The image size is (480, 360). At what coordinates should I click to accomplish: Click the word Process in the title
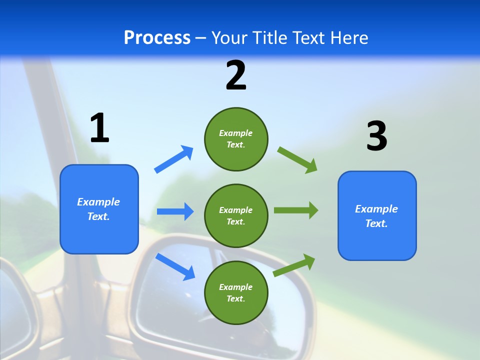157,38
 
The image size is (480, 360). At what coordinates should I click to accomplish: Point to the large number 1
99,128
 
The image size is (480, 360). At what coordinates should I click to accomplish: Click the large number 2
236,75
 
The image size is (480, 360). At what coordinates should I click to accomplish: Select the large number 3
376,136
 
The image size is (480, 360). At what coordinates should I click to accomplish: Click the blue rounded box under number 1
99,209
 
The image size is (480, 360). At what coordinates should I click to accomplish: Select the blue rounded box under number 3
377,215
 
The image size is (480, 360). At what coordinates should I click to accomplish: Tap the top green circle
236,139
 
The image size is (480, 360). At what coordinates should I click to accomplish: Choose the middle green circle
236,215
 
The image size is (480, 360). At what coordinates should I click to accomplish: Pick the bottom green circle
236,292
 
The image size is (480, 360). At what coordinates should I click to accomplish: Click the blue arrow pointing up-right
174,159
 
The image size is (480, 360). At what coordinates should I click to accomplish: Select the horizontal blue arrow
175,211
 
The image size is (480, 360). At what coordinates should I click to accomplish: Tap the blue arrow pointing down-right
175,266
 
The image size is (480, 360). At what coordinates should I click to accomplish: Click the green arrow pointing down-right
297,160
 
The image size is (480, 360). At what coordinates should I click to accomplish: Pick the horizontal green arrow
296,210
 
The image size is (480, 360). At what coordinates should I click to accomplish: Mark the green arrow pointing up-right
294,265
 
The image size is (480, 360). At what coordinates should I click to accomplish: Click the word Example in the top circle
236,133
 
